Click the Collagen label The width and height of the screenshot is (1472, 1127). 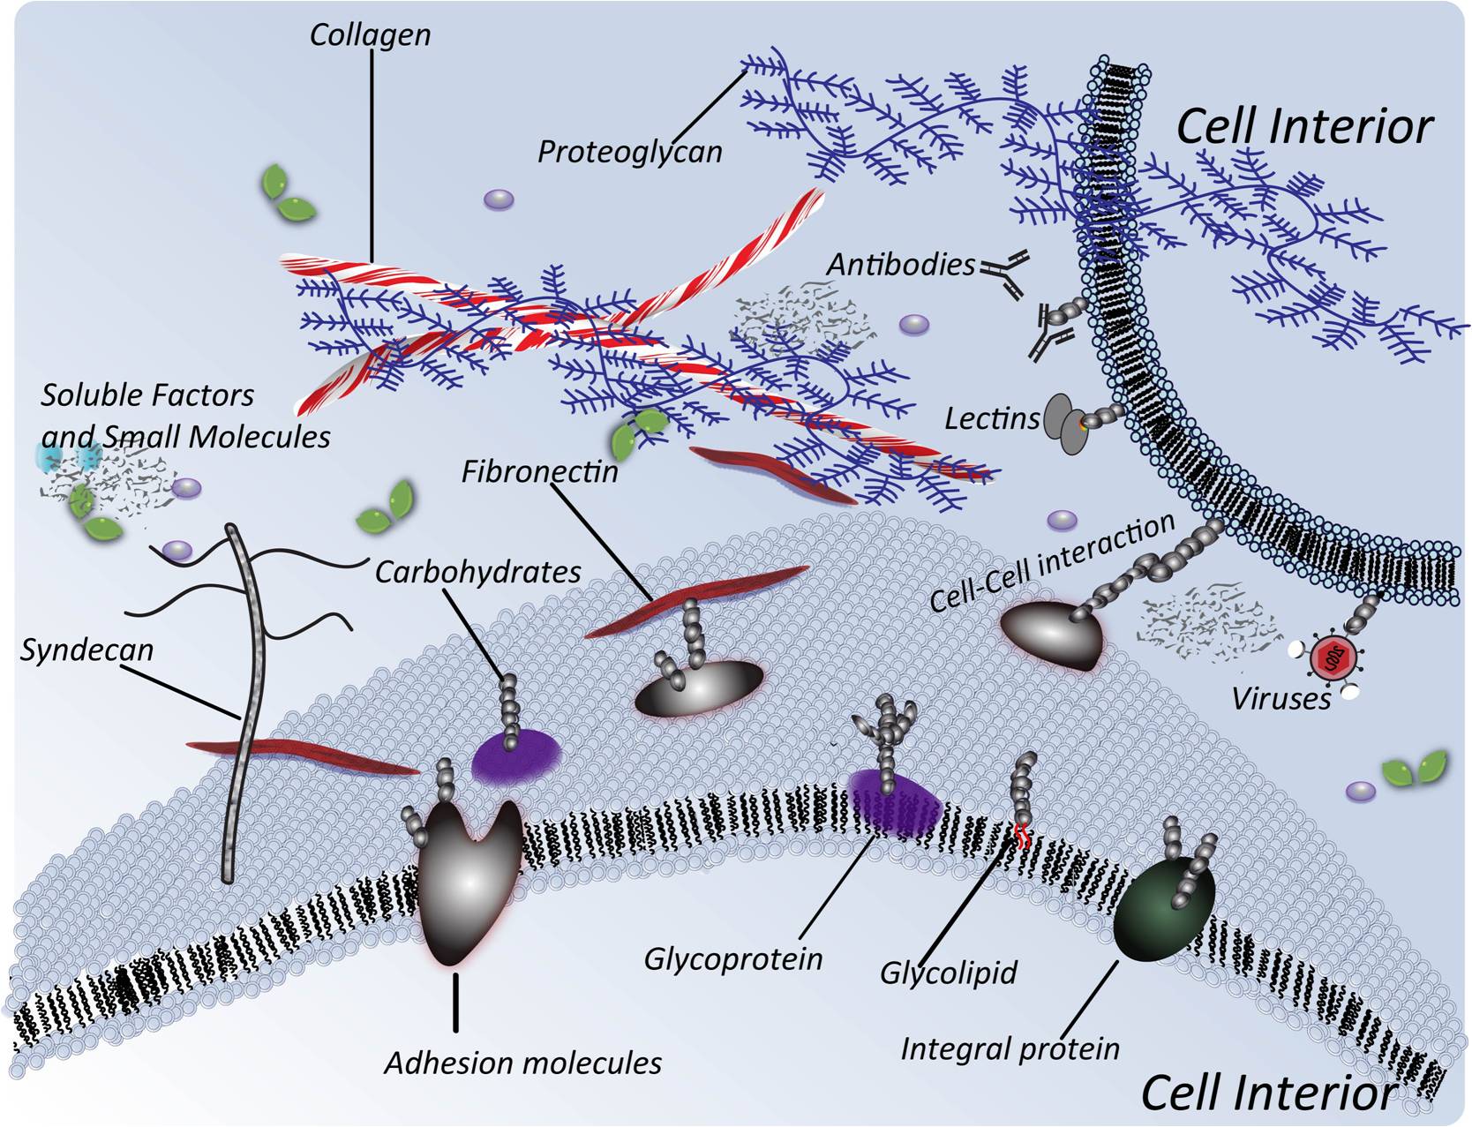[x=370, y=35]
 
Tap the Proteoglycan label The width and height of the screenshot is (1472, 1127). [x=629, y=152]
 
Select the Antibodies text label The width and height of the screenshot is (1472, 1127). [x=900, y=265]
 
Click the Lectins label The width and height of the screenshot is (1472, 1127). [x=992, y=418]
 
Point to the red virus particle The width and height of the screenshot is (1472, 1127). [x=1326, y=657]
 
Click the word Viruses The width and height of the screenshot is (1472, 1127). [x=1280, y=699]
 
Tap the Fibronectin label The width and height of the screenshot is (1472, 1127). [x=539, y=471]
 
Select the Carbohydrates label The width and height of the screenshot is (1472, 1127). [x=477, y=572]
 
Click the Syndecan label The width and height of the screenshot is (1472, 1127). [x=86, y=650]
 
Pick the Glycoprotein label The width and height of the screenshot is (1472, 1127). [x=732, y=958]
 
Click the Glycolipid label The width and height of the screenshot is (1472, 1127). [x=949, y=973]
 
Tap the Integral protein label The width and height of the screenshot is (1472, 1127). [x=1010, y=1048]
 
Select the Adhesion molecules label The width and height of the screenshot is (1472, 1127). [x=522, y=1063]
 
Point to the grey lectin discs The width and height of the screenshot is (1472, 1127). [x=1064, y=424]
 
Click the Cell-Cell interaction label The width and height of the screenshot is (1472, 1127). [x=1051, y=562]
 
